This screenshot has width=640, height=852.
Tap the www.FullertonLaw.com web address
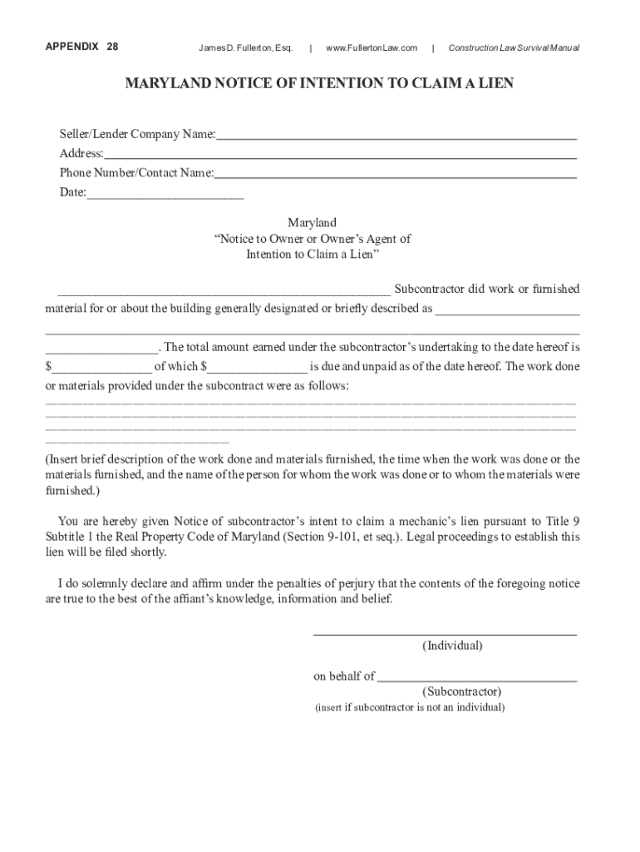click(x=372, y=47)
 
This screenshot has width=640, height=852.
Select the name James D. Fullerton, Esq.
click(x=245, y=47)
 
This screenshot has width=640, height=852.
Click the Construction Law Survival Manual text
click(x=514, y=47)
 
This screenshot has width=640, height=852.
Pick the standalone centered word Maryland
click(x=312, y=223)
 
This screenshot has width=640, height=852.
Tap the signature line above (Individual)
click(x=445, y=634)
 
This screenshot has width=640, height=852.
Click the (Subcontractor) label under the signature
click(x=461, y=691)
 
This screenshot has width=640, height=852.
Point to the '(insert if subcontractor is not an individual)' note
click(x=409, y=708)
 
